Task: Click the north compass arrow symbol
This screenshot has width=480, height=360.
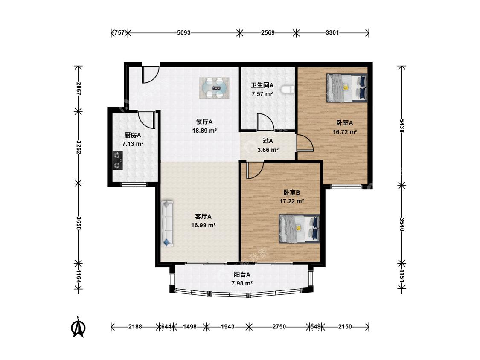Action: tap(78, 328)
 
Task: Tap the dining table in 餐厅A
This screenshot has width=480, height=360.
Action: tap(214, 88)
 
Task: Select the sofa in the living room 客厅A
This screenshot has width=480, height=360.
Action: tap(167, 224)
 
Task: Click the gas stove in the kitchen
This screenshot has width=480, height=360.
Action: tap(118, 160)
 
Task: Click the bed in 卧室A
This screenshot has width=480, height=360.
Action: tap(347, 87)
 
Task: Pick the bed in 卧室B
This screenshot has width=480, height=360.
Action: tap(300, 228)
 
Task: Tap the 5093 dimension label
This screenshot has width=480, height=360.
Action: tap(183, 32)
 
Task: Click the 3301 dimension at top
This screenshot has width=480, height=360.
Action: tap(332, 32)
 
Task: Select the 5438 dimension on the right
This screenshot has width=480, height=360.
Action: tap(402, 126)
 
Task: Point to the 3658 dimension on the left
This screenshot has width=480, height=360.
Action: tap(79, 223)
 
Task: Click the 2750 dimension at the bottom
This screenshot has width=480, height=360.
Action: tap(279, 327)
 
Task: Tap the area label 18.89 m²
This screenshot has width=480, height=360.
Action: tap(204, 131)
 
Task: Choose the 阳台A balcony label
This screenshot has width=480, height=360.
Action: tap(242, 275)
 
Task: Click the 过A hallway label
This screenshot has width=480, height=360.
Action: tap(268, 141)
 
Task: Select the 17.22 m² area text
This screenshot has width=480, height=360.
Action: tap(292, 201)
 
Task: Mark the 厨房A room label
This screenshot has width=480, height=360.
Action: tap(133, 135)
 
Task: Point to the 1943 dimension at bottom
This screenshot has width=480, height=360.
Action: tap(228, 327)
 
